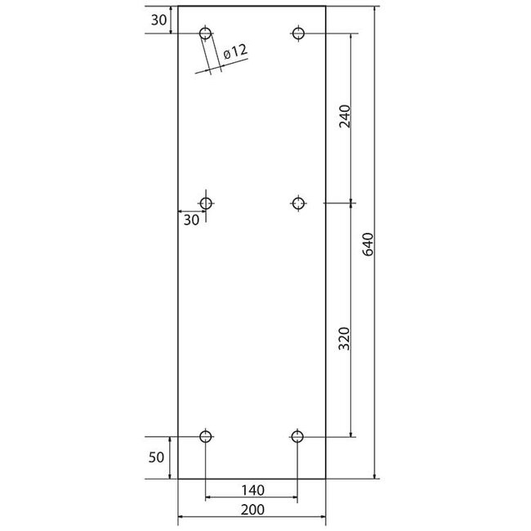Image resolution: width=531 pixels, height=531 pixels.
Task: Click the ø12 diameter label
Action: point(236,51)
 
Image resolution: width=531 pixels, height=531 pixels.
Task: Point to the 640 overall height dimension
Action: point(368,244)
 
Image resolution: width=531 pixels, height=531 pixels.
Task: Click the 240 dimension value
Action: point(345,116)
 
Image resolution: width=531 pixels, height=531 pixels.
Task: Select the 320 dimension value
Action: point(345,338)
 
